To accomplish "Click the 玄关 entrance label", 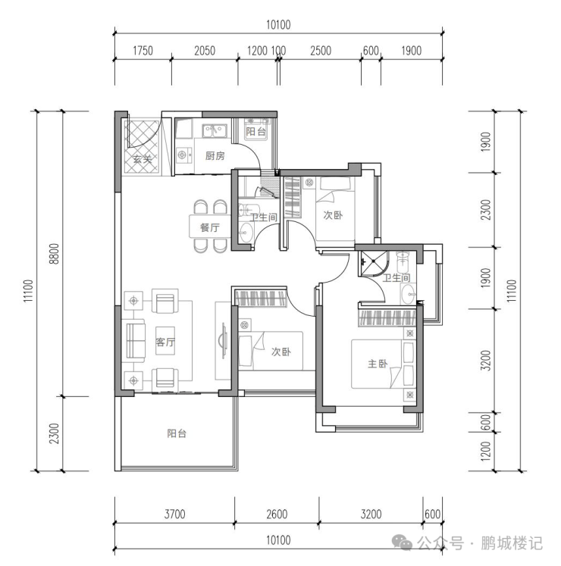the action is pyautogui.click(x=143, y=158).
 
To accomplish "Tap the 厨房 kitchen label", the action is pyautogui.click(x=215, y=155).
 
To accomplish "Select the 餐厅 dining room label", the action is pyautogui.click(x=209, y=227).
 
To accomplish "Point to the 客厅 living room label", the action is pyautogui.click(x=165, y=342).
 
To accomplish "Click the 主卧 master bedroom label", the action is pyautogui.click(x=378, y=364).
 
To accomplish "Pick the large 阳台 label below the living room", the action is pyautogui.click(x=177, y=433).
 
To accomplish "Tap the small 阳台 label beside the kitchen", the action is pyautogui.click(x=255, y=131).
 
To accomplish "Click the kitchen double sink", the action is pyautogui.click(x=215, y=131).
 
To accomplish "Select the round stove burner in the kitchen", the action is pyautogui.click(x=182, y=155).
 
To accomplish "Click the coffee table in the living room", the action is pyautogui.click(x=165, y=342).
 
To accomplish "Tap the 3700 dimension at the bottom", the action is pyautogui.click(x=175, y=514).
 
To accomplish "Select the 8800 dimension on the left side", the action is pyautogui.click(x=54, y=254).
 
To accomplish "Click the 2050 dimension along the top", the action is pyautogui.click(x=205, y=51).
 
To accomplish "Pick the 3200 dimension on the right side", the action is pyautogui.click(x=486, y=360).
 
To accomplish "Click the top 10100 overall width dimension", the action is pyautogui.click(x=278, y=24).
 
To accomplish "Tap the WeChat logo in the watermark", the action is pyautogui.click(x=402, y=543).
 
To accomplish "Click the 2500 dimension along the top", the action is pyautogui.click(x=321, y=51).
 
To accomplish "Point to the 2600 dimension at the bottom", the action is pyautogui.click(x=277, y=514).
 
